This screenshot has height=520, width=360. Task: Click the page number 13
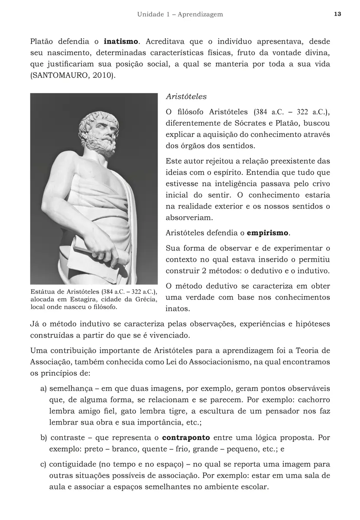[x=338, y=14]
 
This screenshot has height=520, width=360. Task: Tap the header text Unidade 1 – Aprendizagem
[x=180, y=14]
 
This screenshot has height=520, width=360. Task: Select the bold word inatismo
[x=121, y=42]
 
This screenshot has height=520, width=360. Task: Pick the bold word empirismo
[x=267, y=233]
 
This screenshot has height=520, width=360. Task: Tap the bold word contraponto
[x=186, y=438]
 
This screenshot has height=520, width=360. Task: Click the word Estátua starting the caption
[x=43, y=292]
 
